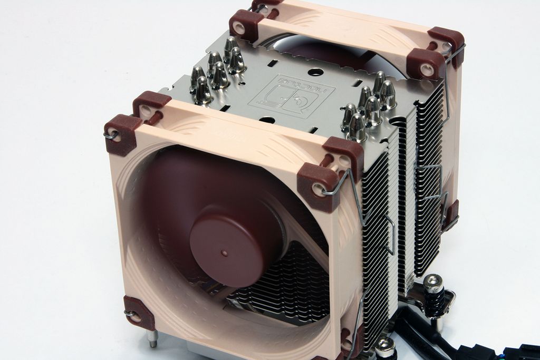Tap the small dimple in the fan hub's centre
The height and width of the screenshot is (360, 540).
pos(225,253)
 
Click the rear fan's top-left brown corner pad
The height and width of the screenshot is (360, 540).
pos(246,24)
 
